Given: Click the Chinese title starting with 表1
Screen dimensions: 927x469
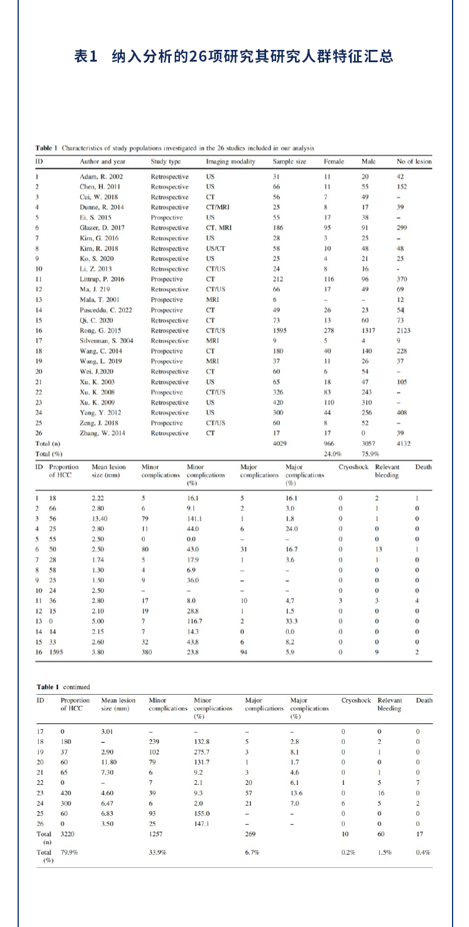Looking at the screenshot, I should click(x=234, y=56).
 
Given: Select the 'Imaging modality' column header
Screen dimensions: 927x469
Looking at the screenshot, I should click(x=230, y=161).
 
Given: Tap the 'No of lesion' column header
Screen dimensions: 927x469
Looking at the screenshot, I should click(x=414, y=161).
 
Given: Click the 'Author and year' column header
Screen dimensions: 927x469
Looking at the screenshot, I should click(x=103, y=161).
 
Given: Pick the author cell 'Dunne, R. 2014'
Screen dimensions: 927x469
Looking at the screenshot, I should click(x=102, y=207).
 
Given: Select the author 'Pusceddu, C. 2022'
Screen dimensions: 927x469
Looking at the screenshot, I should click(x=106, y=310).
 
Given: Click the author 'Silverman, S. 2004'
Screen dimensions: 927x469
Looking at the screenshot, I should click(x=107, y=341).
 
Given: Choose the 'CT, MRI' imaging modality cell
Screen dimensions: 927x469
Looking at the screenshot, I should click(x=219, y=228).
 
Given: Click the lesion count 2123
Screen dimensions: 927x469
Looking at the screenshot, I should click(x=403, y=330).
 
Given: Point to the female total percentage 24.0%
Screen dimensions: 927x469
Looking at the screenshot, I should click(x=332, y=454).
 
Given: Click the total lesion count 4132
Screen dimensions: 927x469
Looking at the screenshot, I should click(x=403, y=444).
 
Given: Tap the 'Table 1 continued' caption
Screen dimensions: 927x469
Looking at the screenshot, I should click(x=63, y=686).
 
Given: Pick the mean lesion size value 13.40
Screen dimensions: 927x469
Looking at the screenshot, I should click(x=99, y=519).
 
